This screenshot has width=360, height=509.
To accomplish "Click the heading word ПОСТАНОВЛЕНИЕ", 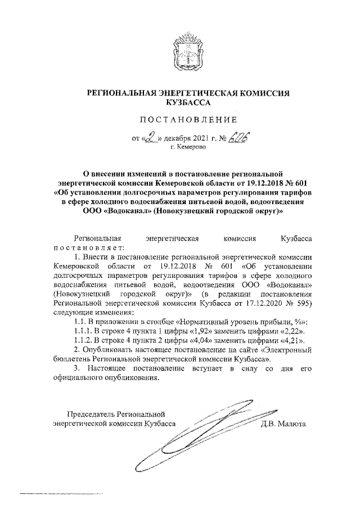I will point(180,119).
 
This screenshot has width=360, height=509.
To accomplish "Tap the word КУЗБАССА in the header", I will point(180,103).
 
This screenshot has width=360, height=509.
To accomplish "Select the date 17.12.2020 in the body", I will point(254,302).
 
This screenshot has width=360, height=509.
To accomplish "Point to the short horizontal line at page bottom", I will point(62,494).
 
